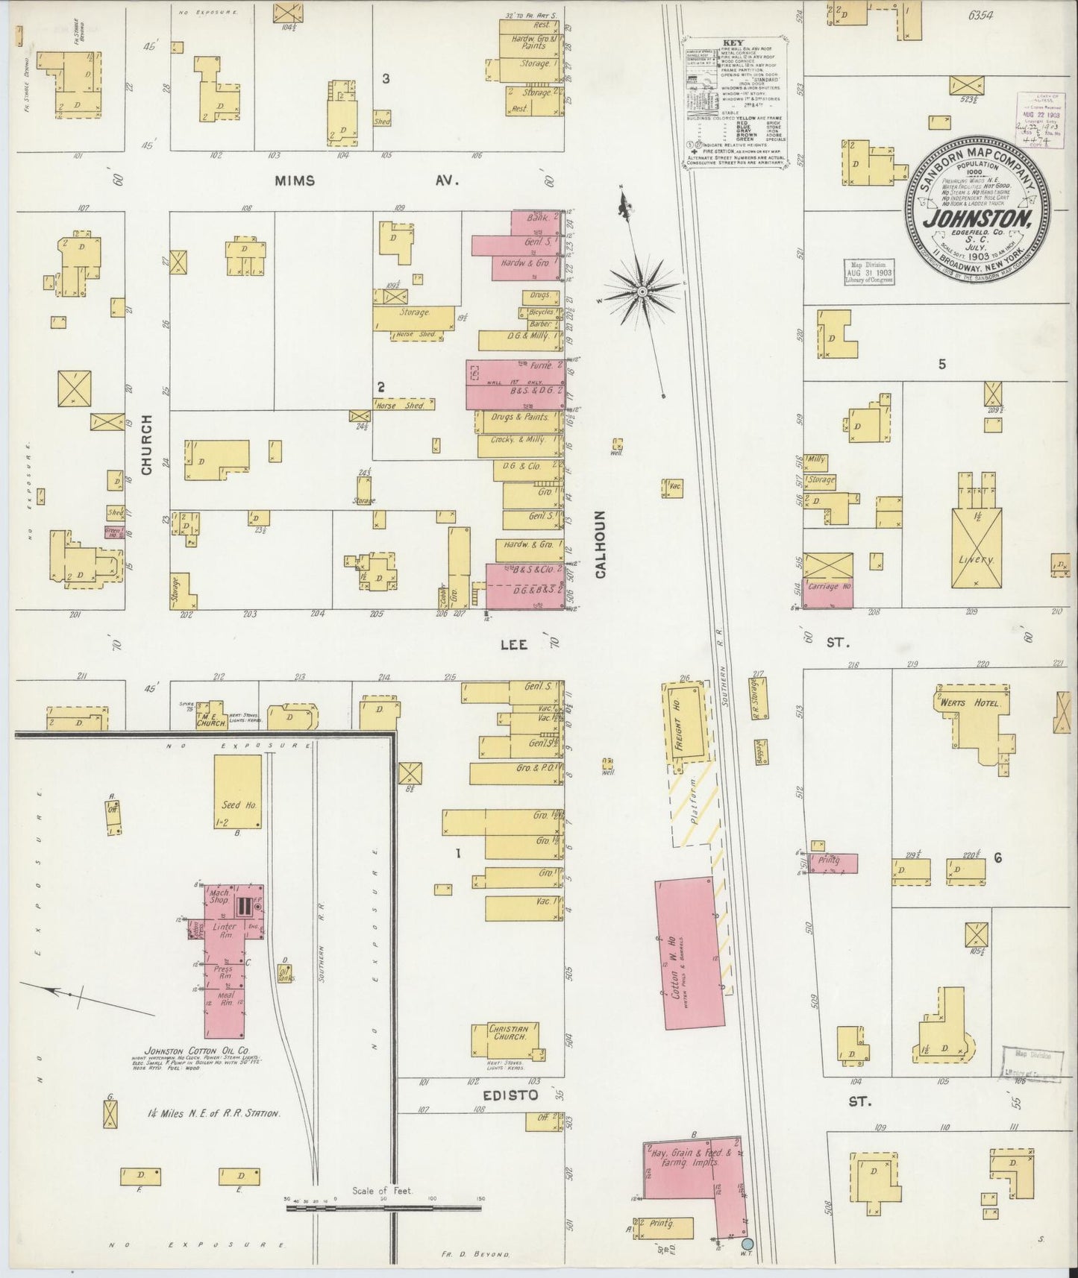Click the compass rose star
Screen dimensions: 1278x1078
[x=640, y=293]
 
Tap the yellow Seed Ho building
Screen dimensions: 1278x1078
[x=237, y=792]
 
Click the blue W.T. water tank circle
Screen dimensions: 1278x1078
[x=748, y=1243]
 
